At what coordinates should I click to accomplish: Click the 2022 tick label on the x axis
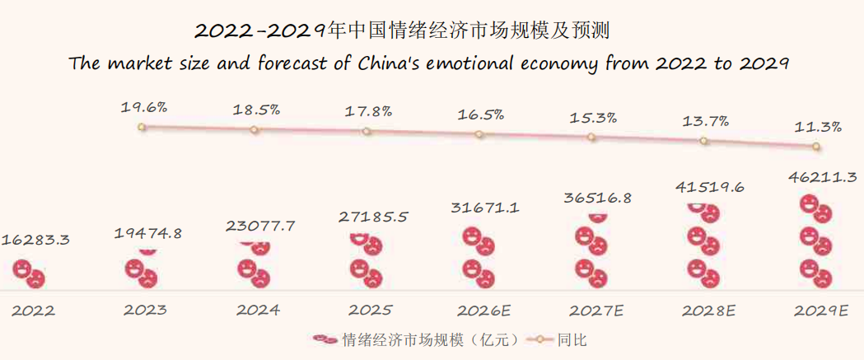coord(34,311)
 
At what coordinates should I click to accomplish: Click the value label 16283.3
coord(35,240)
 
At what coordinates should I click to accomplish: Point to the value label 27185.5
coord(372,217)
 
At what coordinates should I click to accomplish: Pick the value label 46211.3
coord(821,177)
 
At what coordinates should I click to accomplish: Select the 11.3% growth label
coord(818,127)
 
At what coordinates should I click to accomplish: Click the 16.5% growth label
coord(481,115)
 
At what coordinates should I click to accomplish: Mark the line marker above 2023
coord(142,127)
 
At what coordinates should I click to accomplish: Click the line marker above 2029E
coord(816,147)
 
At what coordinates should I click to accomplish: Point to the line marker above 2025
coord(367,131)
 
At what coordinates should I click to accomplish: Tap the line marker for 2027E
coord(591,137)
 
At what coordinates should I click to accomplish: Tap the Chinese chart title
coord(404,30)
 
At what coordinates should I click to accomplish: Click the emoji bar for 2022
coord(29,273)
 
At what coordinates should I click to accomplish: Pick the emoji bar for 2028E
coord(703,245)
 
